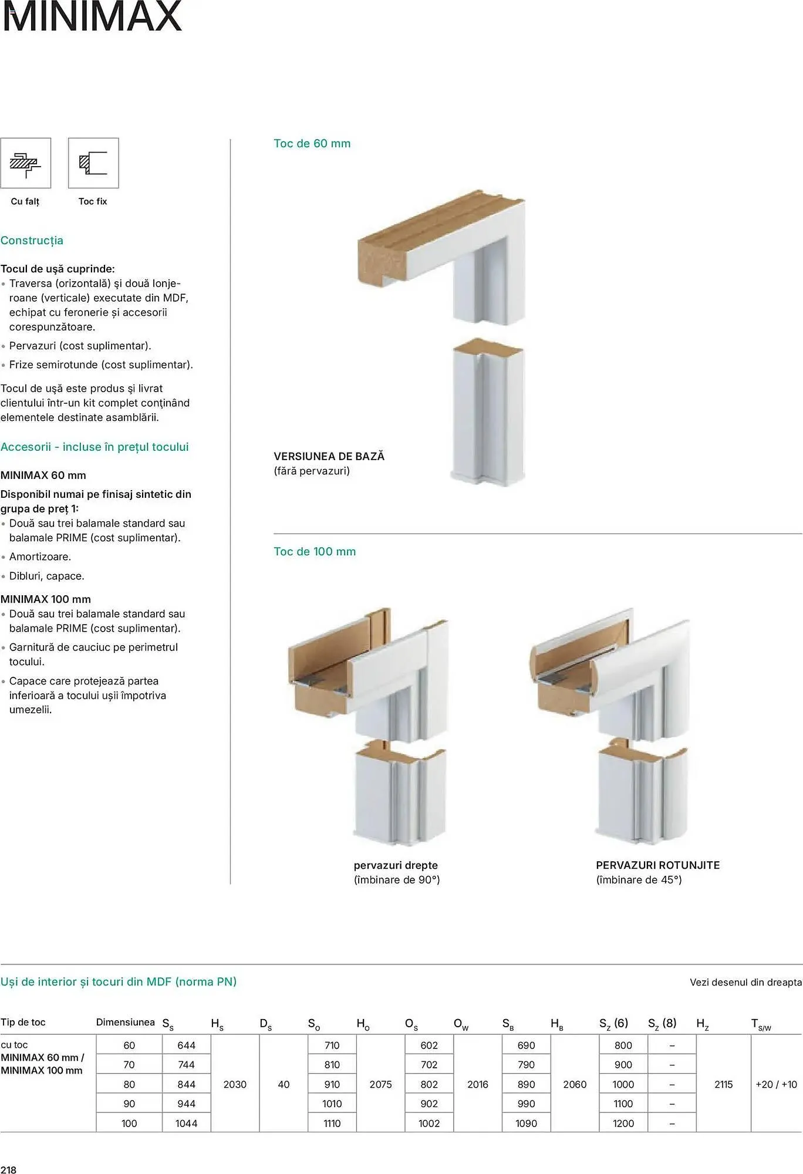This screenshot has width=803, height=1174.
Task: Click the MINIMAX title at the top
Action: coord(92,16)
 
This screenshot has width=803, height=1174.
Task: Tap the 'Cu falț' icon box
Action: coord(26,163)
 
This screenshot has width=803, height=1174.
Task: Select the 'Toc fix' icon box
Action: coord(93,163)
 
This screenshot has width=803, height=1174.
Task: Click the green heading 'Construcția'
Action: coord(32,241)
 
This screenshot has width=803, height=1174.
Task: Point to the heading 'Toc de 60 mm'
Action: coord(312,144)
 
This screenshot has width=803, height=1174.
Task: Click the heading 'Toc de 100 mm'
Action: coord(315,552)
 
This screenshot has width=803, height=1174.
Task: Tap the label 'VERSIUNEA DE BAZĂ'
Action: coord(329,456)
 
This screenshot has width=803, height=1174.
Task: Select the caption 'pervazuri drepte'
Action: coord(396,865)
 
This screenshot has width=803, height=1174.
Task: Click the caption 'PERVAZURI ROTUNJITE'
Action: coord(657,865)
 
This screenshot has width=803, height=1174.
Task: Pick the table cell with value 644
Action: coord(186,1045)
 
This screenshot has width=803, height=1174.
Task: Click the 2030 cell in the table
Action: coord(235,1085)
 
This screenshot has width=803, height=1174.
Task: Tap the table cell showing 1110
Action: coord(332,1124)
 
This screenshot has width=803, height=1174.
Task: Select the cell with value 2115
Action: coord(723,1085)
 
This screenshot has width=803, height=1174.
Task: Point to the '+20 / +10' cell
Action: coord(777,1085)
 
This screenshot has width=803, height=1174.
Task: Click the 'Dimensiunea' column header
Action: coord(125,1022)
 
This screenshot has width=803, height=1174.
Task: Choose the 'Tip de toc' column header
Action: coord(23,1022)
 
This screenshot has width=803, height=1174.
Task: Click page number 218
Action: coord(8,1170)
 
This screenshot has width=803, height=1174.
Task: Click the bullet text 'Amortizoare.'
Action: coord(40,556)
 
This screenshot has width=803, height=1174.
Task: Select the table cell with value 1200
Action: coord(623,1124)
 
